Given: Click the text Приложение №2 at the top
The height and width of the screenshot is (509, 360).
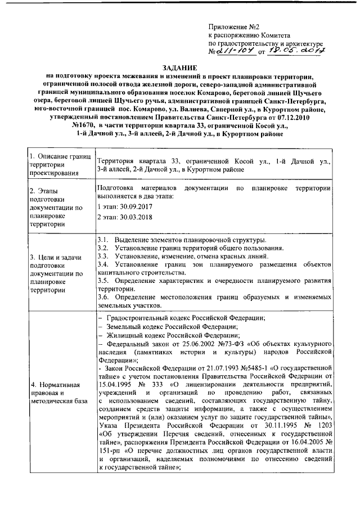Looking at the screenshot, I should tap(233, 26).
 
